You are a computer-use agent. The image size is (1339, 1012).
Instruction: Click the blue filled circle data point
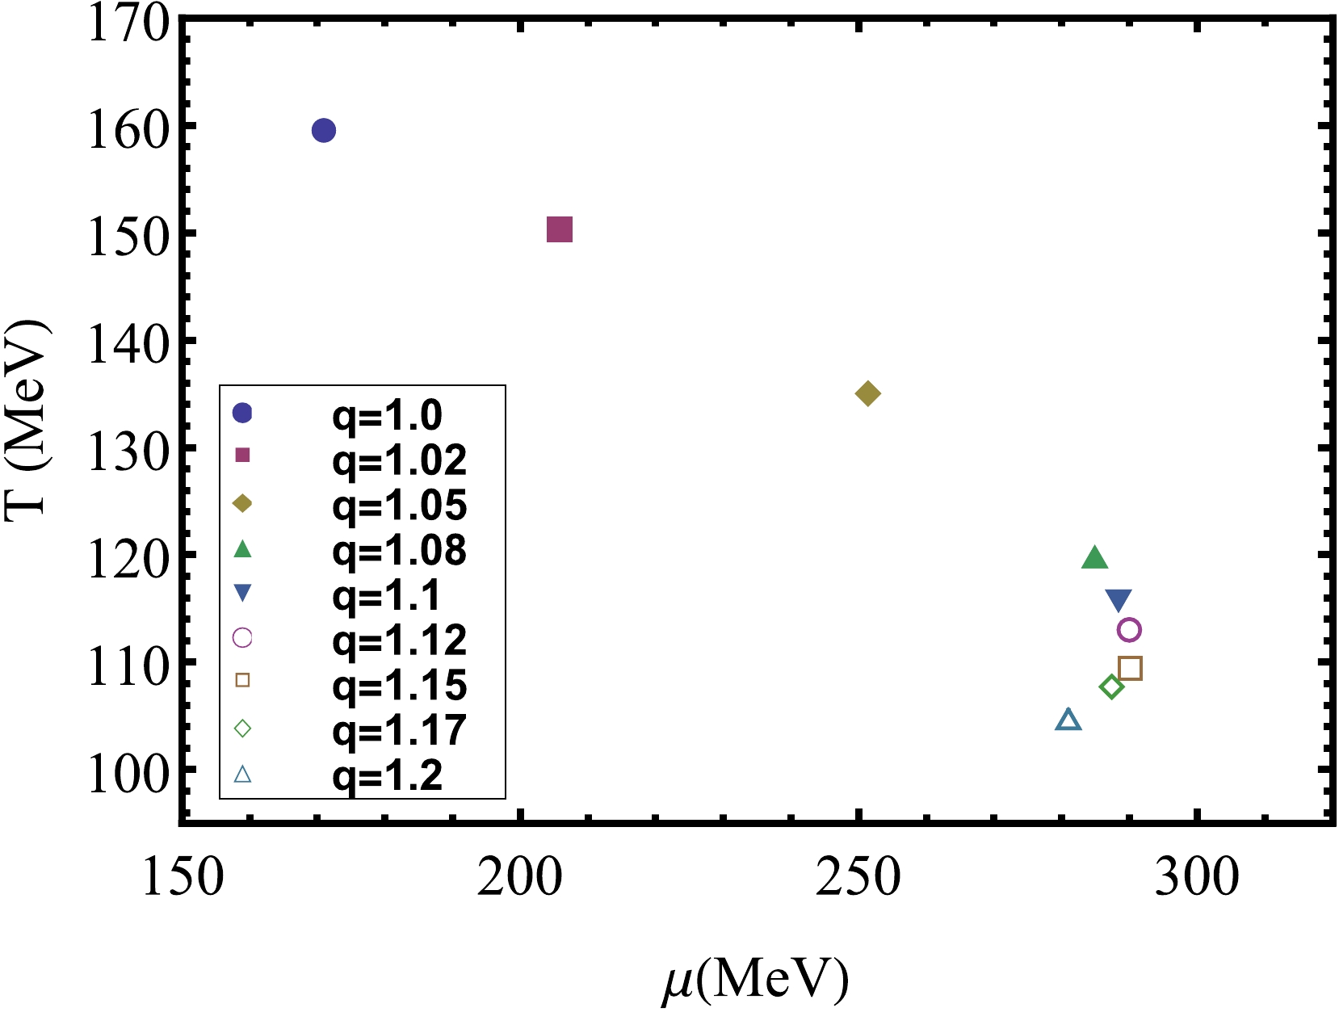point(323,130)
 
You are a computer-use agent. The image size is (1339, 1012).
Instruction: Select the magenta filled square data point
point(560,230)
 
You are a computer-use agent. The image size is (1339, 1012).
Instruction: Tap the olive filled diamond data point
point(867,394)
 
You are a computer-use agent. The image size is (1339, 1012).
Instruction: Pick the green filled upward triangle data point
point(1094,558)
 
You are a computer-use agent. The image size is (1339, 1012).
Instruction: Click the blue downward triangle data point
point(1119,600)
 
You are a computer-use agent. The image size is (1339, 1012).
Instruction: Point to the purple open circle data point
point(1129,630)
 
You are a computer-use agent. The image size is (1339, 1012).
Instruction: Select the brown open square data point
point(1130,669)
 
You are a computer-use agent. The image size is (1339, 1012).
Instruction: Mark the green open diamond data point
point(1112,687)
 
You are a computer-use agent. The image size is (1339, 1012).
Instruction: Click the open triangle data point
point(1068,720)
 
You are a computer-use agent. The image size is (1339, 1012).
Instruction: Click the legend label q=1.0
point(387,415)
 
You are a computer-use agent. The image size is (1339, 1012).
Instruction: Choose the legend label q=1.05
point(399,506)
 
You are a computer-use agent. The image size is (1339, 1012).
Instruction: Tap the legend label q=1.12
point(399,640)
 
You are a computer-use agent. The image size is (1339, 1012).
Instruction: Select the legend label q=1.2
point(387,776)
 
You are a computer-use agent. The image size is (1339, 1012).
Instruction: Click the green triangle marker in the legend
point(242,549)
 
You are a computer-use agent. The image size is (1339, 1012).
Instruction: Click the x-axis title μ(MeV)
point(755,980)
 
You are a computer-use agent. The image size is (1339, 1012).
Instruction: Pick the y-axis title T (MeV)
point(27,420)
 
